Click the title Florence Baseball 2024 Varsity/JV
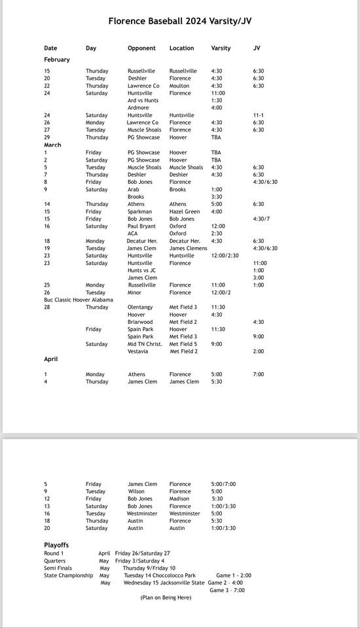[x=179, y=21]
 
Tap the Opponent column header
[x=141, y=48]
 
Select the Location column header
[x=181, y=48]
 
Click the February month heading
[x=57, y=60]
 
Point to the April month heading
[x=51, y=359]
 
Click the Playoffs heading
[x=56, y=545]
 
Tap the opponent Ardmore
[x=138, y=108]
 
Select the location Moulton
[x=179, y=86]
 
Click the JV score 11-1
[x=259, y=115]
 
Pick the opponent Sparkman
[x=140, y=212]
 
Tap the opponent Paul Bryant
[x=142, y=226]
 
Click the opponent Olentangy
[x=140, y=307]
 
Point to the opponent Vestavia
[x=138, y=351]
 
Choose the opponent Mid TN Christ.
[x=145, y=344]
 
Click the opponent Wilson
[x=136, y=491]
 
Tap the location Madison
[x=181, y=498]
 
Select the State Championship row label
[x=69, y=576]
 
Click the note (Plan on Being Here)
[x=166, y=597]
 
